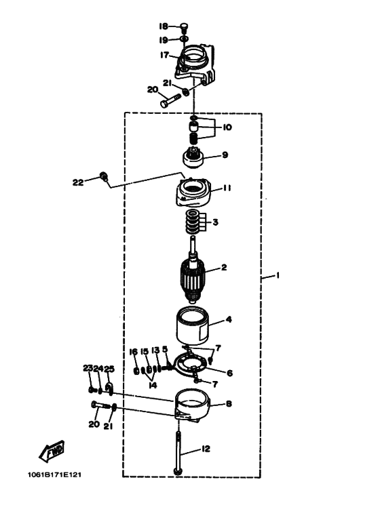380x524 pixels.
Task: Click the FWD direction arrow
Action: pos(51,451)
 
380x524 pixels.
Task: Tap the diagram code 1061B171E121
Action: pos(54,475)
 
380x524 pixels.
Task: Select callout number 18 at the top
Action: pos(164,26)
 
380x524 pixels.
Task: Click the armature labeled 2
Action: pos(192,273)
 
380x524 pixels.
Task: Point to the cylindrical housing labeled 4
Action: pos(192,326)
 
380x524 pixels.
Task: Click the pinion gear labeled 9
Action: pos(193,158)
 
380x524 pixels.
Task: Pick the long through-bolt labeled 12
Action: pos(178,453)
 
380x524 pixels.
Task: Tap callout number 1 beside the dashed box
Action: pos(278,275)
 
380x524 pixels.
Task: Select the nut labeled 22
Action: pos(104,176)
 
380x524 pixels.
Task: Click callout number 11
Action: pos(227,188)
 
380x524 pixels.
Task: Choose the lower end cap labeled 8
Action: pos(192,405)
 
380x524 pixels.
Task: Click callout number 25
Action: pos(109,369)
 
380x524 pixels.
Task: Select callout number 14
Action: pos(153,385)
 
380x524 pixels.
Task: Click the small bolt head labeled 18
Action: pos(185,26)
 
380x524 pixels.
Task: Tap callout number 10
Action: pos(227,127)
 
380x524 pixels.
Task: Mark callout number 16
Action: pos(134,352)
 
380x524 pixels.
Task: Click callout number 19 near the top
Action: pos(164,40)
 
